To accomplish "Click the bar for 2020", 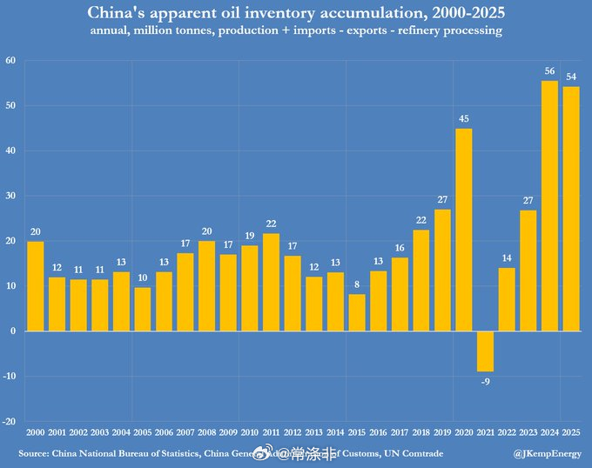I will pyautogui.click(x=463, y=230).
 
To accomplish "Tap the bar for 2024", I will pyautogui.click(x=549, y=206).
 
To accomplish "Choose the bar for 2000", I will pyautogui.click(x=36, y=286).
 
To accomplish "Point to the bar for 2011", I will pyautogui.click(x=271, y=282).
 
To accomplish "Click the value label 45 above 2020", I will pyautogui.click(x=463, y=119).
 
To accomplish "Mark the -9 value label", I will pyautogui.click(x=485, y=380).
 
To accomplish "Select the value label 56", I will pyautogui.click(x=549, y=71).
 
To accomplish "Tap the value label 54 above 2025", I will pyautogui.click(x=571, y=77).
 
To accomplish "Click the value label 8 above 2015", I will pyautogui.click(x=357, y=284).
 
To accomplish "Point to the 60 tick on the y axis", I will pyautogui.click(x=10, y=60).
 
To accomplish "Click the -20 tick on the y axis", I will pyautogui.click(x=10, y=421).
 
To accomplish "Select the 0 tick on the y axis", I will pyautogui.click(x=14, y=331).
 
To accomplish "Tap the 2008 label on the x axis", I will pyautogui.click(x=207, y=433).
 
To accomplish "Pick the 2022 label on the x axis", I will pyautogui.click(x=507, y=433).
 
